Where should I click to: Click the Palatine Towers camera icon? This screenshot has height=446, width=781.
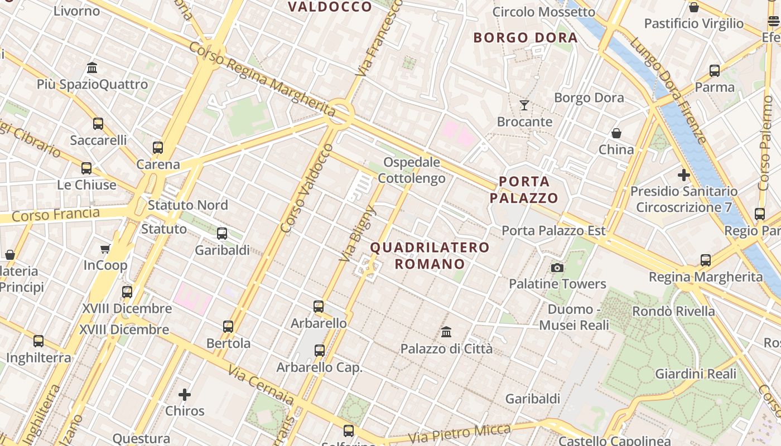tap(557, 268)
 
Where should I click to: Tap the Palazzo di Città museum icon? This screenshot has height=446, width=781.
tap(446, 332)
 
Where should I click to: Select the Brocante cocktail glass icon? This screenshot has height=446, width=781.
tap(524, 105)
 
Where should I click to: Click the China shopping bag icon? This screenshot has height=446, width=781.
tap(616, 133)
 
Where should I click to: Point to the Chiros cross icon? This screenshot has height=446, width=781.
tap(185, 395)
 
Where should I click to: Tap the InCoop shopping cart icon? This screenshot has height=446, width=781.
tap(105, 249)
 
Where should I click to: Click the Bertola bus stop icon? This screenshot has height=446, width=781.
tap(228, 326)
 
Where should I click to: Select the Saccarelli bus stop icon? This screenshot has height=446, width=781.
tap(98, 123)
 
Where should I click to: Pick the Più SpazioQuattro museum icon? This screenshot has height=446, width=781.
tap(92, 68)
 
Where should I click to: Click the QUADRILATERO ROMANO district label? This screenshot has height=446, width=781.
tap(430, 255)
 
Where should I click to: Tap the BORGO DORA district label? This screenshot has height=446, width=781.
tap(525, 38)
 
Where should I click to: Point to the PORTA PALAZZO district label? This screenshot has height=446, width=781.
tap(524, 190)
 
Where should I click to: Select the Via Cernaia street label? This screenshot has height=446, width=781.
tap(261, 385)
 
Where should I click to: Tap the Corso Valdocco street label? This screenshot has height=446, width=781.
tap(307, 188)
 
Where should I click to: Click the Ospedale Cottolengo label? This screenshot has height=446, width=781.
tap(412, 170)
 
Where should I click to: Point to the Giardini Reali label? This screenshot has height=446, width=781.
tap(696, 374)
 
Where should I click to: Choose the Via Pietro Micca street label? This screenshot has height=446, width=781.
tap(460, 434)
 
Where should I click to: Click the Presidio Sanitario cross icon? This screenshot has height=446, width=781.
tap(683, 175)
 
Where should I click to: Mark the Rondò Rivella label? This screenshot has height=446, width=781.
tap(673, 311)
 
